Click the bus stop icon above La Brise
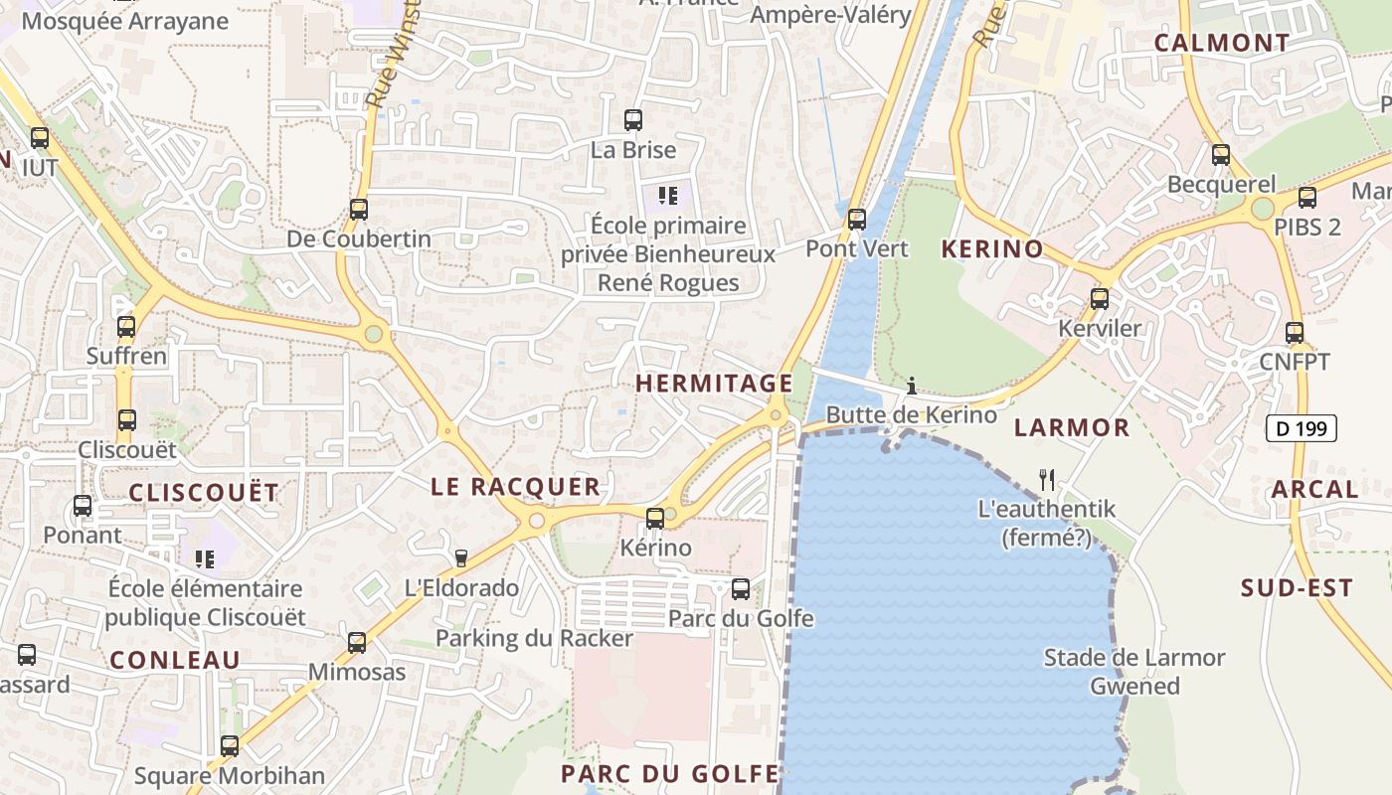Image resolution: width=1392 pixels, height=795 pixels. (632, 120)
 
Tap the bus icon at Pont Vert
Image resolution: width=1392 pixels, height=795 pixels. (856, 219)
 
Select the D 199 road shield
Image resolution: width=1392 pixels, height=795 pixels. (1301, 429)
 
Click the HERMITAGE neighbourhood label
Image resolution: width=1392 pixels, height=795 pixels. (714, 383)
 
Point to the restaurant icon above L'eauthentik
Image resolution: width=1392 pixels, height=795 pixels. (1047, 480)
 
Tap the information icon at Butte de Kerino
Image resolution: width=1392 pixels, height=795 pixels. (911, 386)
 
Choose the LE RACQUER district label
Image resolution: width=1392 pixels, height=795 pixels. (515, 486)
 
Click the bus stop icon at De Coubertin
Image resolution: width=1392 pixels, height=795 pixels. (358, 210)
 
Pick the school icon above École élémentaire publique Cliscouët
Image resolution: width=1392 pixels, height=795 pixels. (205, 558)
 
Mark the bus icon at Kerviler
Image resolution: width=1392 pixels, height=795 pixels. (1099, 298)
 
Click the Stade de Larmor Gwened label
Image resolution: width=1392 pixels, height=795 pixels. (1134, 672)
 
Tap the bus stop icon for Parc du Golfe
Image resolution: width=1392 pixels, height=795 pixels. (741, 589)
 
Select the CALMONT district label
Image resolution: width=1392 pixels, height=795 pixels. (1221, 43)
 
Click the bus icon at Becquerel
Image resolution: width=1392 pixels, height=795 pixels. (1220, 155)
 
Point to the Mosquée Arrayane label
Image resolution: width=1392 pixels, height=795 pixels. (124, 21)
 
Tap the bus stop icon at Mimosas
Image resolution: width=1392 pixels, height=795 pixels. (357, 643)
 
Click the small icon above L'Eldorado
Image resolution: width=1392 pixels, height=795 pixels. (460, 558)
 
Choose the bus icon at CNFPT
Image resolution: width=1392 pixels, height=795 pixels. (1294, 333)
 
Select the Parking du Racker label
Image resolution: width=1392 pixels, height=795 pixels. (534, 638)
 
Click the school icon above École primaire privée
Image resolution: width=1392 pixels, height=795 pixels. (668, 195)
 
